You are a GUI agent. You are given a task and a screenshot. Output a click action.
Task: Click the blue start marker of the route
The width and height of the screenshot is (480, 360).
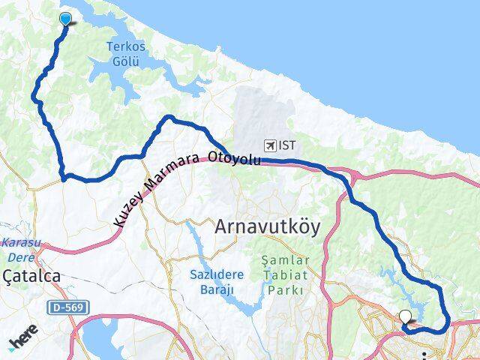point(65,19)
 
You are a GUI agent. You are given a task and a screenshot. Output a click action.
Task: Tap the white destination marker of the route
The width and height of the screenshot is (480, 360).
point(406,317)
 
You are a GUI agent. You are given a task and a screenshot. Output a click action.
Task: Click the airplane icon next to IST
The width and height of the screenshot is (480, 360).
point(270,145)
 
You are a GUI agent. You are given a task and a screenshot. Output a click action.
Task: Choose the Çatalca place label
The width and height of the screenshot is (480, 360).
point(31,277)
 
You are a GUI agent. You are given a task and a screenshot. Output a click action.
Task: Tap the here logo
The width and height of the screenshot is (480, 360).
point(23,342)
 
